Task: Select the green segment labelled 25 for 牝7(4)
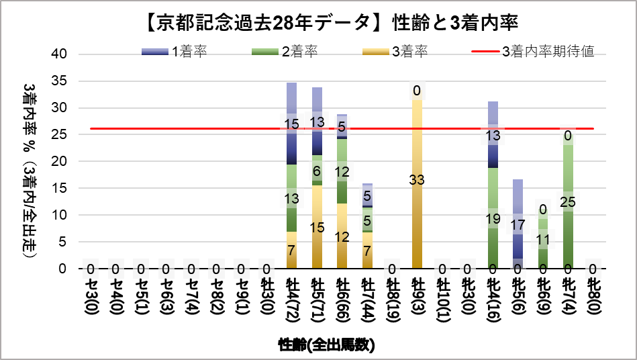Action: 568,201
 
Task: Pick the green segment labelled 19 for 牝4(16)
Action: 493,218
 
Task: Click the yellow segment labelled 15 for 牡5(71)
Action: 317,226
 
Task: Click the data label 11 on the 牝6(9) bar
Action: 542,239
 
